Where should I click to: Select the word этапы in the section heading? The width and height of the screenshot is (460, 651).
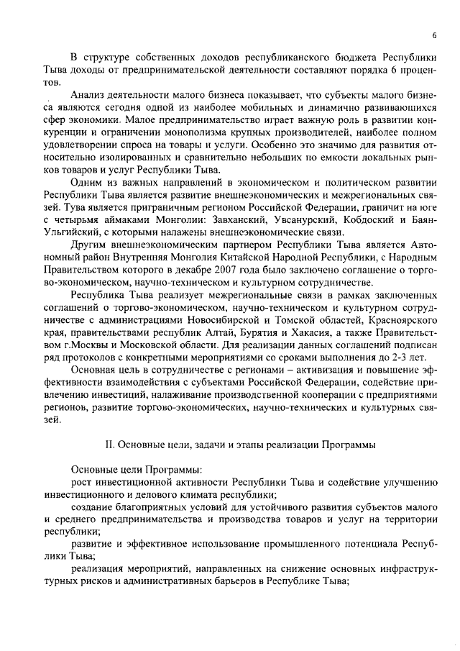[241, 445]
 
